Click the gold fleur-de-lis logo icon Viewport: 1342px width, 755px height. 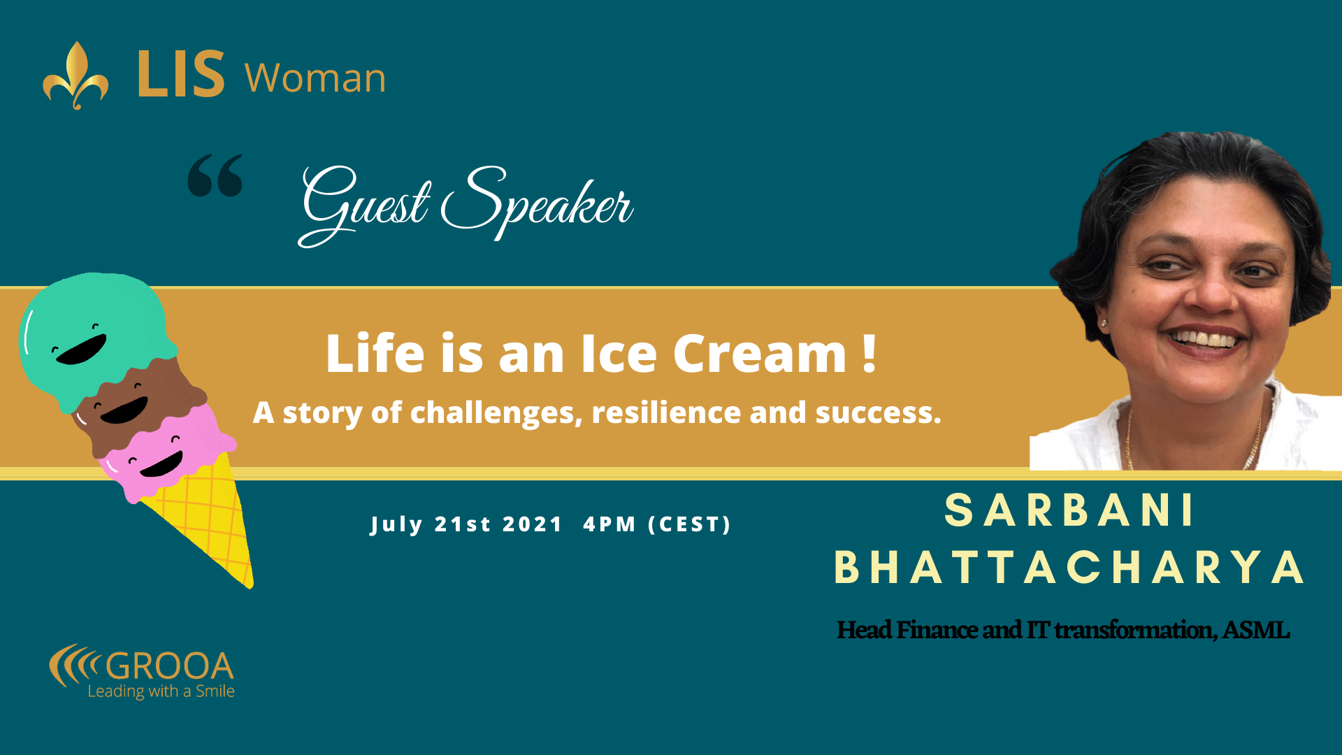click(x=75, y=75)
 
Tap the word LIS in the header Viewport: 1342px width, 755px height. click(x=181, y=73)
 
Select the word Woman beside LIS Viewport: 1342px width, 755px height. click(x=315, y=78)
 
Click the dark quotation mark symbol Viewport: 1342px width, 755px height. click(x=215, y=175)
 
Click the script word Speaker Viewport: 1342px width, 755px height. click(x=537, y=203)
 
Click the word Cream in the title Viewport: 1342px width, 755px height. click(x=760, y=354)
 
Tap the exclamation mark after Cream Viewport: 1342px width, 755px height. click(x=869, y=354)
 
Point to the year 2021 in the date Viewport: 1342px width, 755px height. click(x=533, y=524)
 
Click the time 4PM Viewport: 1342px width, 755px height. click(x=609, y=524)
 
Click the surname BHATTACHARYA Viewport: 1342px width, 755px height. click(x=1069, y=567)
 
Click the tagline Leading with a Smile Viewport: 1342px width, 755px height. click(x=161, y=691)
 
